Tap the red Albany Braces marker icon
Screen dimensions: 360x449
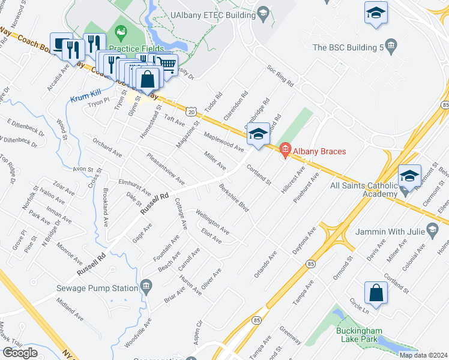pos(285,148)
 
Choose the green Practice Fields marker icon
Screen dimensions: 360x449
pos(121,31)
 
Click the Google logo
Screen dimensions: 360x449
pos(20,353)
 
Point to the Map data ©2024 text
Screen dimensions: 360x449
pos(423,355)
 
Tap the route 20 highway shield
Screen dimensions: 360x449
pos(191,112)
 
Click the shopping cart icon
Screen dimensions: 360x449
pos(168,63)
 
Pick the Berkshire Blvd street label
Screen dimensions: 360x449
pos(234,198)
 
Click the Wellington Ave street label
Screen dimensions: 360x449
pos(212,221)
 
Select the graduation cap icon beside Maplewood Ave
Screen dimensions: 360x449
pos(258,134)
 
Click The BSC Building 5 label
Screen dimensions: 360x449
pos(348,47)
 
